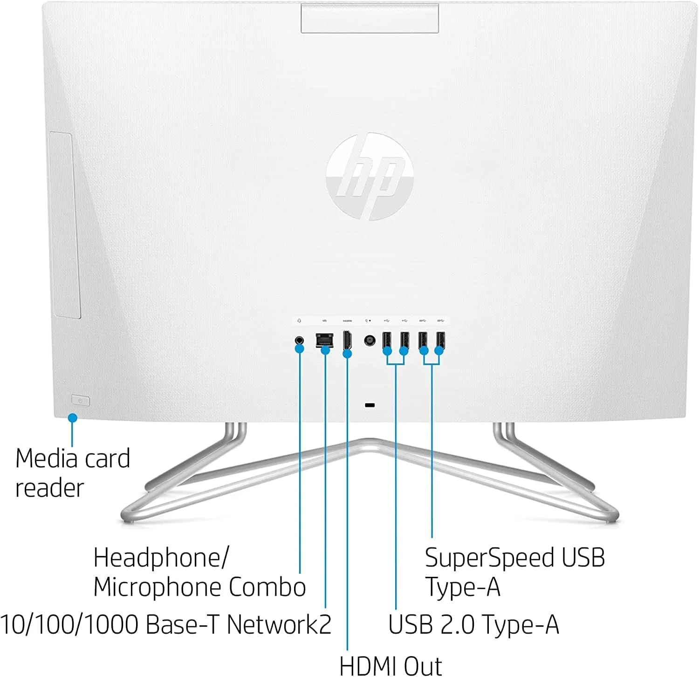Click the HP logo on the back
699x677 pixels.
coord(370,177)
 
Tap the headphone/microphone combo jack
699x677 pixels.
coord(300,340)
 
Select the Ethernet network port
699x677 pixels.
coord(324,339)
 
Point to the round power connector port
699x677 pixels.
coord(370,341)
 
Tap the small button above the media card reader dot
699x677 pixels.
coord(80,400)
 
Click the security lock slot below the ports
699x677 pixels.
coord(370,405)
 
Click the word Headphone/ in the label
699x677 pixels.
coord(161,557)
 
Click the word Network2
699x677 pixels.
coord(279,624)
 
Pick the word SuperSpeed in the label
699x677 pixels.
coord(489,557)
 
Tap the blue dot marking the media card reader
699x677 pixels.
coord(72,418)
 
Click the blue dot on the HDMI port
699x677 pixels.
coord(347,354)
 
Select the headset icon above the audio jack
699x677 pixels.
coord(299,321)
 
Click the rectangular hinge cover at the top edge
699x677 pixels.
coord(370,18)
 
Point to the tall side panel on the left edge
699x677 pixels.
coord(65,226)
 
